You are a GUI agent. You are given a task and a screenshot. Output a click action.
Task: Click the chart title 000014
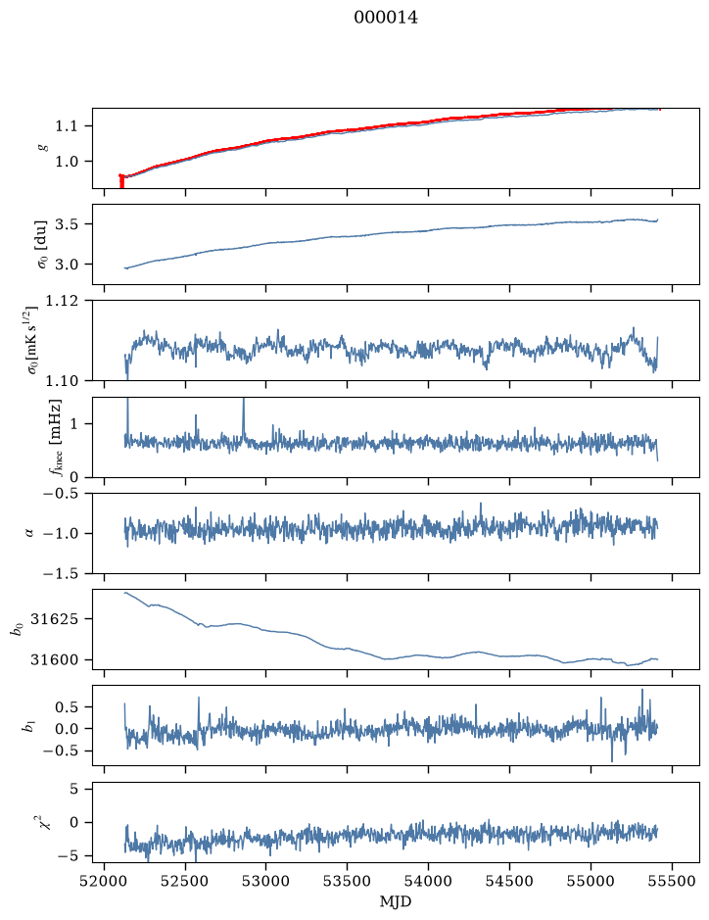386,18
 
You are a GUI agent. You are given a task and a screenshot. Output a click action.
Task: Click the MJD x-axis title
396,901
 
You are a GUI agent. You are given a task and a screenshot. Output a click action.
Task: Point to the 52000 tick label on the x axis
105,881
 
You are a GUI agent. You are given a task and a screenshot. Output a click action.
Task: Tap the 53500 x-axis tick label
348,881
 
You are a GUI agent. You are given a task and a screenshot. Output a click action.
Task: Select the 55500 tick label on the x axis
672,881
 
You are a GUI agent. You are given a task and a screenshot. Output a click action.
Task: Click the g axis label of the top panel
42,149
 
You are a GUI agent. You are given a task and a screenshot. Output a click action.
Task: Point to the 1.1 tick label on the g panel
67,126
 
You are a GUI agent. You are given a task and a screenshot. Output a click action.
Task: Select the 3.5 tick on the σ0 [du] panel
67,224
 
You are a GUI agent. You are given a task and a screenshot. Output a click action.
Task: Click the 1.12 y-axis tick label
62,301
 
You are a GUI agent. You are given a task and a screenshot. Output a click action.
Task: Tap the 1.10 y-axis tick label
62,381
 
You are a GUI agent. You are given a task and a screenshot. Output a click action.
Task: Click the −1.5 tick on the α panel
61,573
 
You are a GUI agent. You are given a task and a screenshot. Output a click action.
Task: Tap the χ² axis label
43,821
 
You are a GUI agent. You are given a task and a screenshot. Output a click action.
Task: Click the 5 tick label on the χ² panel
73,789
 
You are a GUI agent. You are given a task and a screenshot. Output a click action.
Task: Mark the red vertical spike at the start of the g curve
121,180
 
